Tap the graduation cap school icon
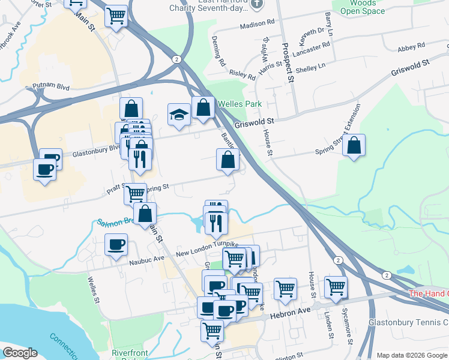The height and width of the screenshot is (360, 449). [179, 115]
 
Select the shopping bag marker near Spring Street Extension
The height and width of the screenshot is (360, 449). [354, 146]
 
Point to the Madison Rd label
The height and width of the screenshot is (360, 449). [257, 25]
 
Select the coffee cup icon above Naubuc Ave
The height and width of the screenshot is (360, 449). [116, 245]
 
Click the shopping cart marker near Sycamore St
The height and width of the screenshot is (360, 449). [336, 287]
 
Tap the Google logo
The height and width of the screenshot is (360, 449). [20, 353]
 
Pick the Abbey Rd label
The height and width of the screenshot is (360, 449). [412, 46]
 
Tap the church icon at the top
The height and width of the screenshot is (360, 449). [257, 4]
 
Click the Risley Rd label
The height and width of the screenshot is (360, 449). [243, 74]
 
